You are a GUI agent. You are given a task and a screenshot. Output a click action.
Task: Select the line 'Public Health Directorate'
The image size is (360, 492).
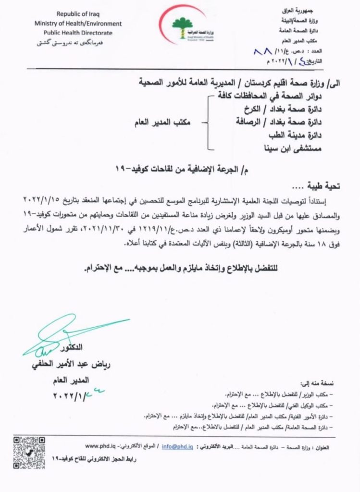78,33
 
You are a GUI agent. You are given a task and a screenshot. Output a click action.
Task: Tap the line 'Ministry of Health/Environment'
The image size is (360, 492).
78,24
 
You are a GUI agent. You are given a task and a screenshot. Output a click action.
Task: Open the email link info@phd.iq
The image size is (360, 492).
177,446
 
